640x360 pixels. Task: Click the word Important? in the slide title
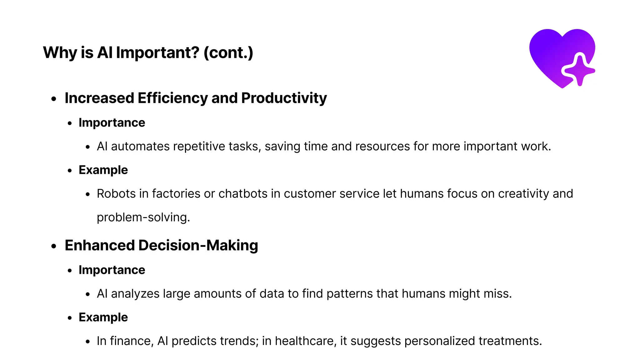[158, 52]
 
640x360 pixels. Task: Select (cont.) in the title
[228, 52]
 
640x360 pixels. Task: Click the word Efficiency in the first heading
[172, 98]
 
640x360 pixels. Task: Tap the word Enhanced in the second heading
[99, 245]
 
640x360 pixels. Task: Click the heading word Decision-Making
[198, 245]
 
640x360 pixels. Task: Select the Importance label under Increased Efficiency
[112, 123]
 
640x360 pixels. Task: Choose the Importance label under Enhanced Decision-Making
[112, 270]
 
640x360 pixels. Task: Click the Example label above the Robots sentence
[103, 170]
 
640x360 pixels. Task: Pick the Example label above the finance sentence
[103, 317]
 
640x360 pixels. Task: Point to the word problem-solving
[143, 217]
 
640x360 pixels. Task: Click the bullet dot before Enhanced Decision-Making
[54, 246]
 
